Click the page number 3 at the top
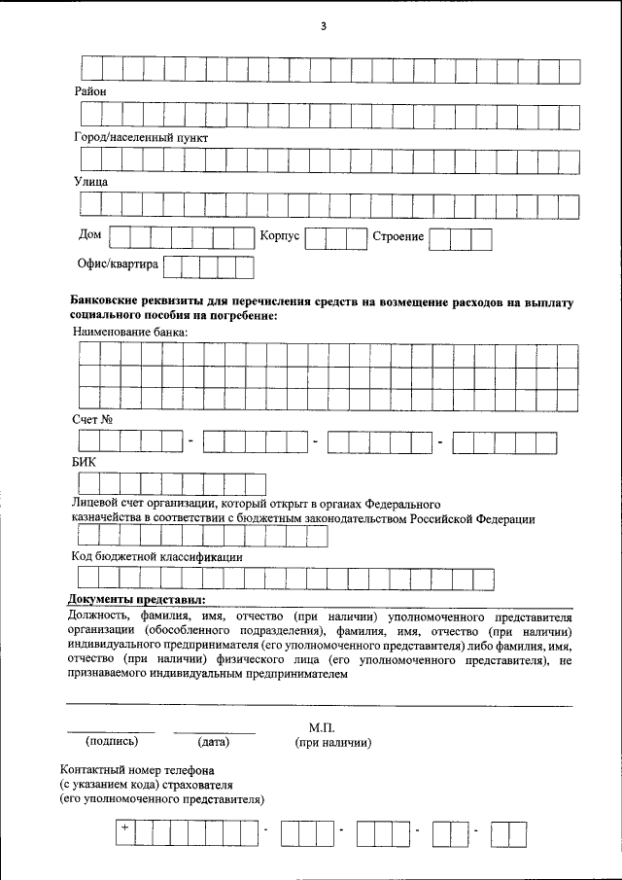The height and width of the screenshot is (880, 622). coord(324,26)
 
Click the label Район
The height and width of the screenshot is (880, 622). coord(89,91)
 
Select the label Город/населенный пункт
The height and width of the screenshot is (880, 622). coord(141,137)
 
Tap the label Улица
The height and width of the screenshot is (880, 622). coord(90,182)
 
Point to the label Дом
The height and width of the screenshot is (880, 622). coord(89,234)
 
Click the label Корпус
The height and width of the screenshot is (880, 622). coord(280,236)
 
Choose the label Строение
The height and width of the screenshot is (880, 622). coord(398,236)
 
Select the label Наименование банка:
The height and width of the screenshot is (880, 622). coord(131,332)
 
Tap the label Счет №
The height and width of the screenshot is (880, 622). coord(94,419)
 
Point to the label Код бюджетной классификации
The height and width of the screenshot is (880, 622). coord(156,557)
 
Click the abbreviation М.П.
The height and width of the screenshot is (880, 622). coord(321,727)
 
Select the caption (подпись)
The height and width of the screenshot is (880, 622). coord(111,742)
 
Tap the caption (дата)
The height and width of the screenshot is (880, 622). coord(213,742)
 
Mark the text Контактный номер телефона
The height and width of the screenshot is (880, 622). coord(136,769)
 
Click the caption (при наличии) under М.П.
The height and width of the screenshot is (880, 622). coord(333,742)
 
